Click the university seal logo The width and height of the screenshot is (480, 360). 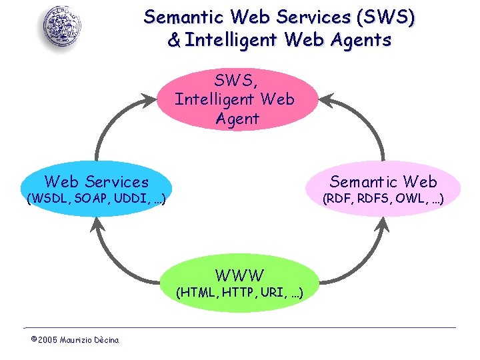(x=63, y=27)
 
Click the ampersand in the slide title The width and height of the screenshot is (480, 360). (x=174, y=41)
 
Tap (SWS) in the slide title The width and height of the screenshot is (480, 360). (x=387, y=17)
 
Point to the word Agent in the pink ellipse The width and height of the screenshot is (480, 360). (x=237, y=119)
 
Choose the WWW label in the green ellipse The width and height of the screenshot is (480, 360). (x=239, y=275)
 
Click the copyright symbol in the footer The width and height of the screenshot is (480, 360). (x=34, y=340)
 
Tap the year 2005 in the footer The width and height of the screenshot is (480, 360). (x=47, y=340)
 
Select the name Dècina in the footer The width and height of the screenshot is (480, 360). (x=105, y=340)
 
